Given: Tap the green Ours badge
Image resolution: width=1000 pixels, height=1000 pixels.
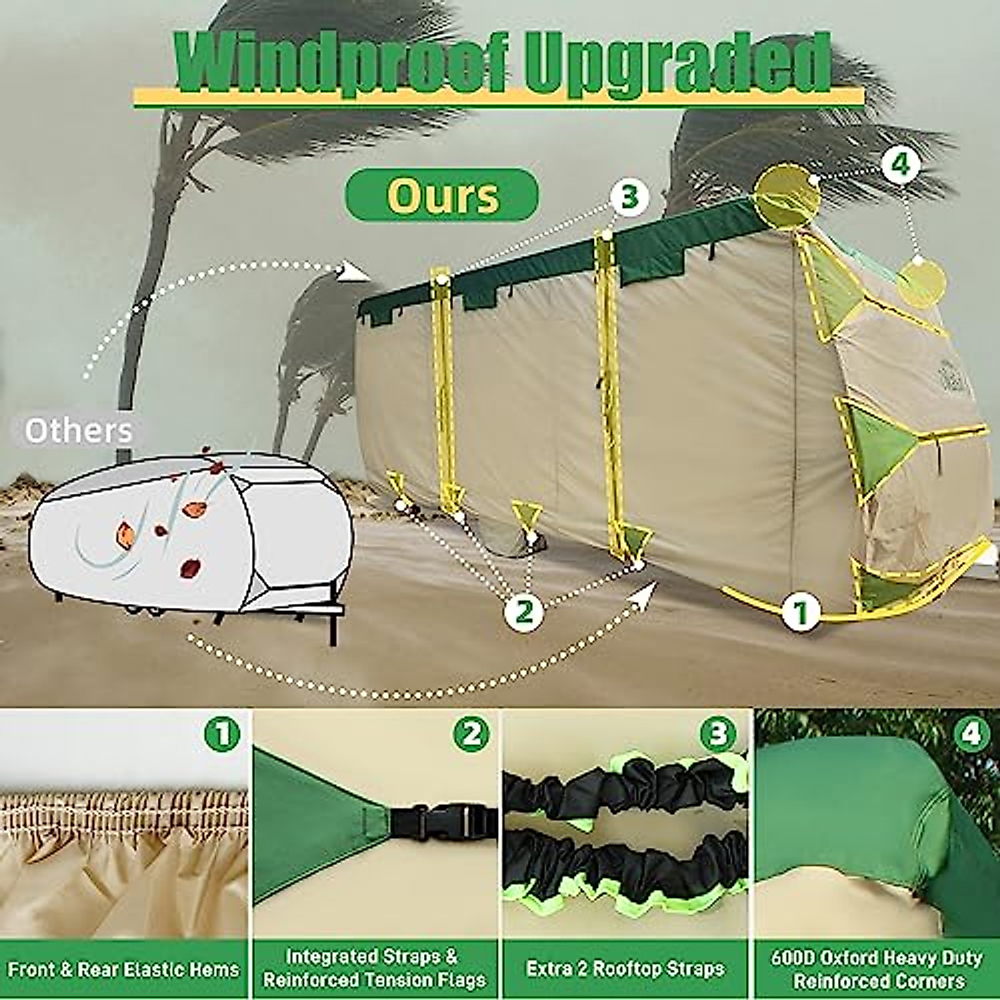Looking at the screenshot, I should click(x=442, y=195).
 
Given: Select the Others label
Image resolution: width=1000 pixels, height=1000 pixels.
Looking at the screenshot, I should click(x=78, y=431).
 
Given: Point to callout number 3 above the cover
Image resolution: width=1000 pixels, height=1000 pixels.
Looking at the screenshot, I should click(x=629, y=197).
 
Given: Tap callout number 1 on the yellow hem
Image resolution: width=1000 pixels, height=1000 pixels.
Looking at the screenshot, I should click(x=801, y=612).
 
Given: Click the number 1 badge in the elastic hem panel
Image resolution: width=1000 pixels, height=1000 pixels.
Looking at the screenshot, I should click(x=222, y=734).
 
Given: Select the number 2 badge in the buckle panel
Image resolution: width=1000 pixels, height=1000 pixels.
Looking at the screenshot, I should click(x=472, y=734).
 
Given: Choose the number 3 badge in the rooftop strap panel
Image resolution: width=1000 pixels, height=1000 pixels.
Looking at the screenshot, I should click(x=718, y=734).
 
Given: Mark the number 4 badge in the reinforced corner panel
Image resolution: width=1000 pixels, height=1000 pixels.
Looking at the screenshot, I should click(x=971, y=734).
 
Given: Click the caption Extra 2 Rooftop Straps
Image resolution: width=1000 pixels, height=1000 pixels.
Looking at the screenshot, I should click(x=625, y=969).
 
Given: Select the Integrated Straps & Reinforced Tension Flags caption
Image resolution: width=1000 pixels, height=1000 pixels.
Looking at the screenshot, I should click(x=374, y=968).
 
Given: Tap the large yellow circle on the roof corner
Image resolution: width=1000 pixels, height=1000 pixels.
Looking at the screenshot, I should click(x=787, y=192).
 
